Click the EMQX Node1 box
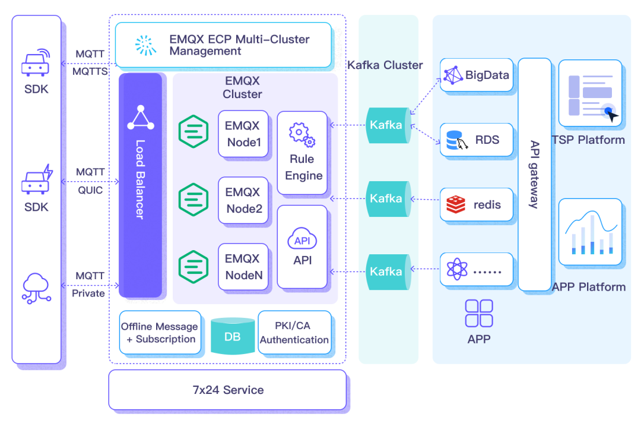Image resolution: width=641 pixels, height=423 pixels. click(x=243, y=134)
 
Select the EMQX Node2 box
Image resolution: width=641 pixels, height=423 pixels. click(x=243, y=200)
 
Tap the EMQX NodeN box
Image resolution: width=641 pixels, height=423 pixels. click(x=243, y=267)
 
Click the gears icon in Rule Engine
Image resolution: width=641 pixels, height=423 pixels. click(x=302, y=134)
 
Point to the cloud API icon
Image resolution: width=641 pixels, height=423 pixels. click(x=302, y=238)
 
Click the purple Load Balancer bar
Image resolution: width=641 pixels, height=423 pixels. click(x=141, y=185)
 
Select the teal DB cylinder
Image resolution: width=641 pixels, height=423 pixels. click(x=233, y=336)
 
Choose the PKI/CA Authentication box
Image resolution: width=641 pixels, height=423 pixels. click(x=294, y=333)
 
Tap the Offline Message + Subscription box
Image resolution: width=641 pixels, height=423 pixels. click(x=159, y=333)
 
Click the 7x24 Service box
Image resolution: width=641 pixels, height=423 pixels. click(x=227, y=390)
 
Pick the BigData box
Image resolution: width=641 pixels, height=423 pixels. click(x=477, y=75)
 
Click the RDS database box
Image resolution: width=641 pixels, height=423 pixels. click(x=477, y=140)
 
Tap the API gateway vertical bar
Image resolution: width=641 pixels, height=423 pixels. click(x=534, y=174)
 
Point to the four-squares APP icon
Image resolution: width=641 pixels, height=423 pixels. click(x=479, y=313)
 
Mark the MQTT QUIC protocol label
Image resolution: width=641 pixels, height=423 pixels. click(x=90, y=181)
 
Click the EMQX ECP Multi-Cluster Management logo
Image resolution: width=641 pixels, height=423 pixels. click(x=145, y=45)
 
